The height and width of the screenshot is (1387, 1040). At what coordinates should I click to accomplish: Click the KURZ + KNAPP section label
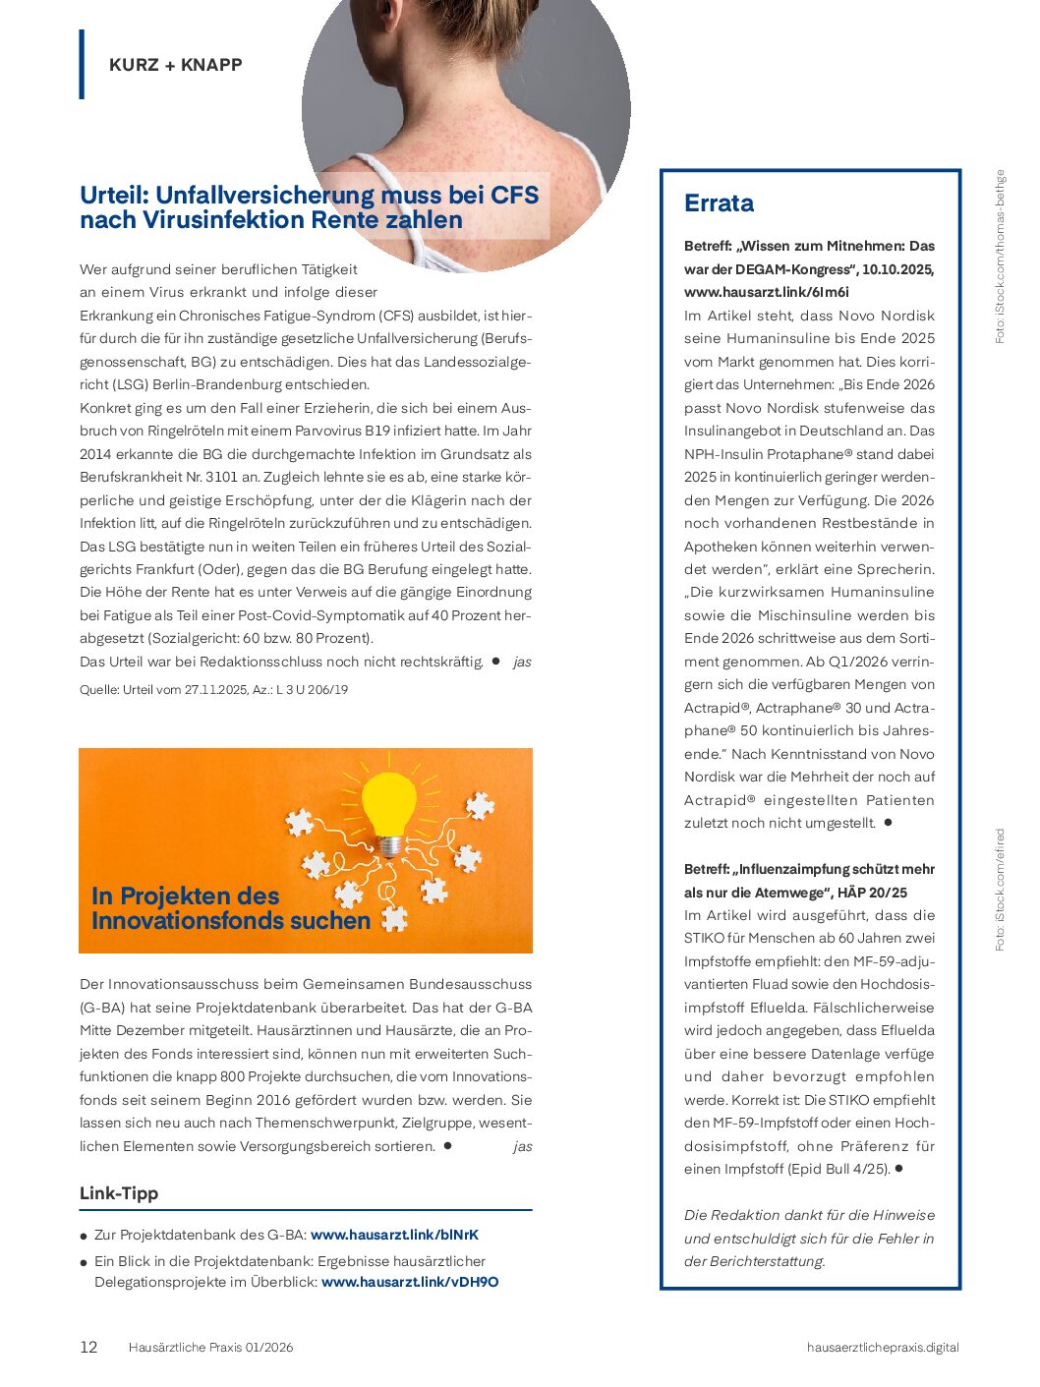pyautogui.click(x=175, y=65)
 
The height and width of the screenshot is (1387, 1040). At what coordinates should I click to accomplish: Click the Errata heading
pyautogui.click(x=719, y=203)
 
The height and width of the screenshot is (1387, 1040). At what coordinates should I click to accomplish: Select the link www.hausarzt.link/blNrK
pyautogui.click(x=394, y=1235)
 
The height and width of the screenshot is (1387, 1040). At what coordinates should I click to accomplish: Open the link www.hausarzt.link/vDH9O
pyautogui.click(x=410, y=1282)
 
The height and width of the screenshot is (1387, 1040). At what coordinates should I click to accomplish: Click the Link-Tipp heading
pyautogui.click(x=119, y=1193)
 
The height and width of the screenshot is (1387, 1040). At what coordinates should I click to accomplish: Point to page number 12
pyautogui.click(x=88, y=1347)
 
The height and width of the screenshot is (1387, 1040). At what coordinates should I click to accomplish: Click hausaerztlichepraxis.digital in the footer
pyautogui.click(x=882, y=1347)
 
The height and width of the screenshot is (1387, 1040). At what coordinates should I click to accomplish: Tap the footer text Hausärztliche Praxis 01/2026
pyautogui.click(x=210, y=1347)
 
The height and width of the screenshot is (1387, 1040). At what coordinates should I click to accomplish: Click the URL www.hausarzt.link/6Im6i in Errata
pyautogui.click(x=767, y=292)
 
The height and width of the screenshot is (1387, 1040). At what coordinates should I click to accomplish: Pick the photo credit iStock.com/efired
pyautogui.click(x=1000, y=890)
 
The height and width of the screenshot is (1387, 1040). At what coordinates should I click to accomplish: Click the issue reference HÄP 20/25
pyautogui.click(x=873, y=893)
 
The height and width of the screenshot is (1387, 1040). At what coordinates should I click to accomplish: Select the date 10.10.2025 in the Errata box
pyautogui.click(x=897, y=269)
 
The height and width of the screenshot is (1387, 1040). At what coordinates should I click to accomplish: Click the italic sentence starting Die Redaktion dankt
pyautogui.click(x=809, y=1238)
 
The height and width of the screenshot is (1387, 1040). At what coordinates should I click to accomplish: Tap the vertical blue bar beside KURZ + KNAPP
pyautogui.click(x=82, y=64)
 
